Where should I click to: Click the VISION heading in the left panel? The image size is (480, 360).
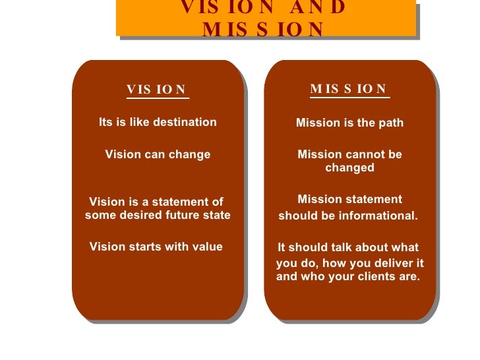pos(157,90)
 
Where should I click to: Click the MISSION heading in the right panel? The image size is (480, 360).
pos(349,89)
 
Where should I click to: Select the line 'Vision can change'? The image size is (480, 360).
pos(158,155)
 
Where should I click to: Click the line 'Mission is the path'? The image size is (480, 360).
pos(349,123)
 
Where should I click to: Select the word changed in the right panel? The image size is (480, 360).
pos(349,168)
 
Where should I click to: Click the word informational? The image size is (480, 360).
pos(382,216)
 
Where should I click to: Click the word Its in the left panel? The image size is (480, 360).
pos(107,122)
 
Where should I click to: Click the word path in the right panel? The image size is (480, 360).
pos(391,123)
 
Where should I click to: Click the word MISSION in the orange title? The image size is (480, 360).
pos(264,30)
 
